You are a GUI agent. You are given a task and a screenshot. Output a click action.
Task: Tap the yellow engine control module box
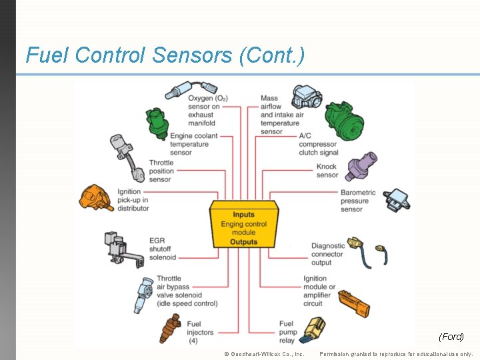pyautogui.click(x=243, y=225)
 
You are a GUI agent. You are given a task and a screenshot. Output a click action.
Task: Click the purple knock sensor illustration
pyautogui.click(x=359, y=164)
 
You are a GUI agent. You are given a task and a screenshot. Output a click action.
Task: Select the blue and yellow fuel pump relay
pyautogui.click(x=313, y=329)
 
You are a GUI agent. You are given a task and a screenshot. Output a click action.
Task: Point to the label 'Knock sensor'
pyautogui.click(x=327, y=171)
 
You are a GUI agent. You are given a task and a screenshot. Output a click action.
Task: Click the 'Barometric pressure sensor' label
pyautogui.click(x=358, y=201)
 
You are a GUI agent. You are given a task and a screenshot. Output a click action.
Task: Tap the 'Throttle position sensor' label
pyautogui.click(x=161, y=171)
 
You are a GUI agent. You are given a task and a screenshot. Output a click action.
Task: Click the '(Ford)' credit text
pyautogui.click(x=451, y=337)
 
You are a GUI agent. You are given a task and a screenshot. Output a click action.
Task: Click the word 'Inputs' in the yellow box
pyautogui.click(x=243, y=215)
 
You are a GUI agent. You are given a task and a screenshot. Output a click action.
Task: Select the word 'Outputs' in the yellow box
pyautogui.click(x=243, y=242)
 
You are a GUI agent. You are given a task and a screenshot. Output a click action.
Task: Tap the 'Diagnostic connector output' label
pyautogui.click(x=328, y=254)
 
